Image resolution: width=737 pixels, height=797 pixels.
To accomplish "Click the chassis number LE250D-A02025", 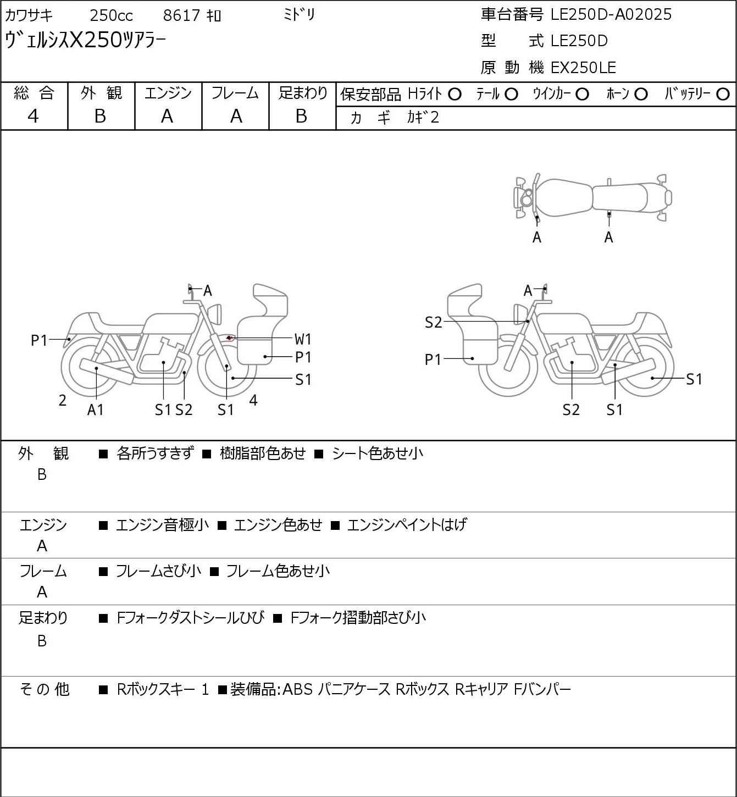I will [611, 14].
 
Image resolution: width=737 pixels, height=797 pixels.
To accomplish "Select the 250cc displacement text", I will [111, 15].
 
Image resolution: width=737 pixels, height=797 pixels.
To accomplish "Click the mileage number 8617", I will [181, 15].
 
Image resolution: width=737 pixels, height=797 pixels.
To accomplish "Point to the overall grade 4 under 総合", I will [34, 116].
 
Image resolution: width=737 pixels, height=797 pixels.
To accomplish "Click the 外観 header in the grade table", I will [101, 93].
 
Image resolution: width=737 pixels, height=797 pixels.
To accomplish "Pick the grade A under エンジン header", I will [167, 116].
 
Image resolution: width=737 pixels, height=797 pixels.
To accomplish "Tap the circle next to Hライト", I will [455, 95].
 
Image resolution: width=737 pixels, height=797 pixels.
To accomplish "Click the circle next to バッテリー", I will [723, 95].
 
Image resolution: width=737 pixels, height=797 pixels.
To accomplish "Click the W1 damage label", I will [303, 339].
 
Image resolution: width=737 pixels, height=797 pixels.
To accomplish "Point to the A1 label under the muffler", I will [95, 409].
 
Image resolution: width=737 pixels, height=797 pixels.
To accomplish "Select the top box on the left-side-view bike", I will [270, 301].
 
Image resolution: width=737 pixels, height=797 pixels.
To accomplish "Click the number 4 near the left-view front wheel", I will [253, 400].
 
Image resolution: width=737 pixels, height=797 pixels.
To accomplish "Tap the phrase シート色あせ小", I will [378, 453].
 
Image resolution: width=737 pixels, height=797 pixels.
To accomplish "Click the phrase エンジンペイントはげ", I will [407, 525].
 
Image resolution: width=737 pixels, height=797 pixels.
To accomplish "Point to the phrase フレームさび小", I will [158, 572].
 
